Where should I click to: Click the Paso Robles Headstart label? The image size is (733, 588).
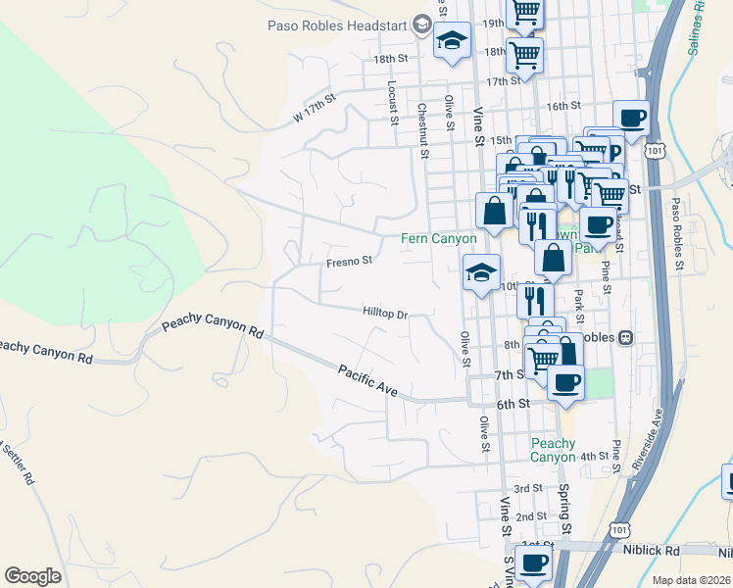click(x=337, y=24)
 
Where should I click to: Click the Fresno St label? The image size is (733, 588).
click(x=350, y=262)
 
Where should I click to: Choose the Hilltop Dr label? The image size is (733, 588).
click(x=384, y=314)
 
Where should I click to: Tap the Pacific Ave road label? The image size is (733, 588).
click(x=367, y=380)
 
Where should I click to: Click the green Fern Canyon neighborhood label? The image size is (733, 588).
click(x=439, y=238)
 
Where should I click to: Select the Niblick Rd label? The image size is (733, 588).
click(x=651, y=550)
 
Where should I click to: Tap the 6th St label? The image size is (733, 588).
click(x=513, y=404)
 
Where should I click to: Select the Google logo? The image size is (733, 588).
click(x=32, y=575)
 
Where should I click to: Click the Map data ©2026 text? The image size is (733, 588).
click(x=691, y=580)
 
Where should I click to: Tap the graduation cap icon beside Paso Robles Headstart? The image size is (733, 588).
click(x=452, y=41)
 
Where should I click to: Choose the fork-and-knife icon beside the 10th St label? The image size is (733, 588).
click(x=535, y=298)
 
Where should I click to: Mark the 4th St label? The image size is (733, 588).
click(x=594, y=457)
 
